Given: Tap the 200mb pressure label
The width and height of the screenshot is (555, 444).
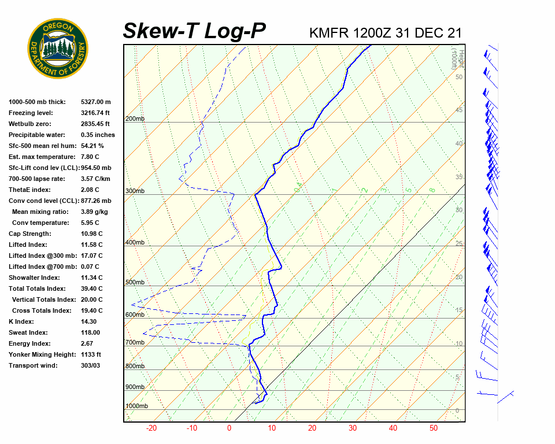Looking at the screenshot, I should coord(135,119).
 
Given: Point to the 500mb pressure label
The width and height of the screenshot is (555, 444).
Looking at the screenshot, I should coord(135,283).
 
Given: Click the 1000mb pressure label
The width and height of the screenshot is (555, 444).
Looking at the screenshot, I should coord(136,406).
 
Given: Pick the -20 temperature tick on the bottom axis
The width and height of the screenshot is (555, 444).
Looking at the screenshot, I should coord(151,428).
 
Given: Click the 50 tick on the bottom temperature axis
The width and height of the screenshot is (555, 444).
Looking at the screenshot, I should coord(433,428).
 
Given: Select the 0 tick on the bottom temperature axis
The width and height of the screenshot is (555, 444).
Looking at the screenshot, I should coord(229,428).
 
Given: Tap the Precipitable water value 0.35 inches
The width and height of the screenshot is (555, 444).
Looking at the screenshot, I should coord(98,135).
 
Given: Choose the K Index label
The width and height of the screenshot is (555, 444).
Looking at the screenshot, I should coord(22,321).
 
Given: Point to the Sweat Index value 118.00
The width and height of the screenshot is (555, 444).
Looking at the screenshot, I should coord(90,332).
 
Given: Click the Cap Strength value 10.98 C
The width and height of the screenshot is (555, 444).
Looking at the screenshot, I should coord(91,234).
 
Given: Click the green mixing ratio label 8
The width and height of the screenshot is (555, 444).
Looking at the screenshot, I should coord(432,190).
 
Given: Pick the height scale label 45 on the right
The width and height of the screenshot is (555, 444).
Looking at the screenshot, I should coord(459,110).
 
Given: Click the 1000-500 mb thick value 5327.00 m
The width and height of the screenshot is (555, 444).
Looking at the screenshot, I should coord(96,102).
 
